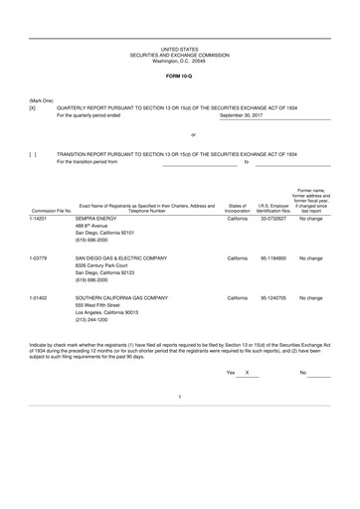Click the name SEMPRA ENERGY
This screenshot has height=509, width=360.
coord(95,218)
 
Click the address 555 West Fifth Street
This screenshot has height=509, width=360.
coord(101,305)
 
